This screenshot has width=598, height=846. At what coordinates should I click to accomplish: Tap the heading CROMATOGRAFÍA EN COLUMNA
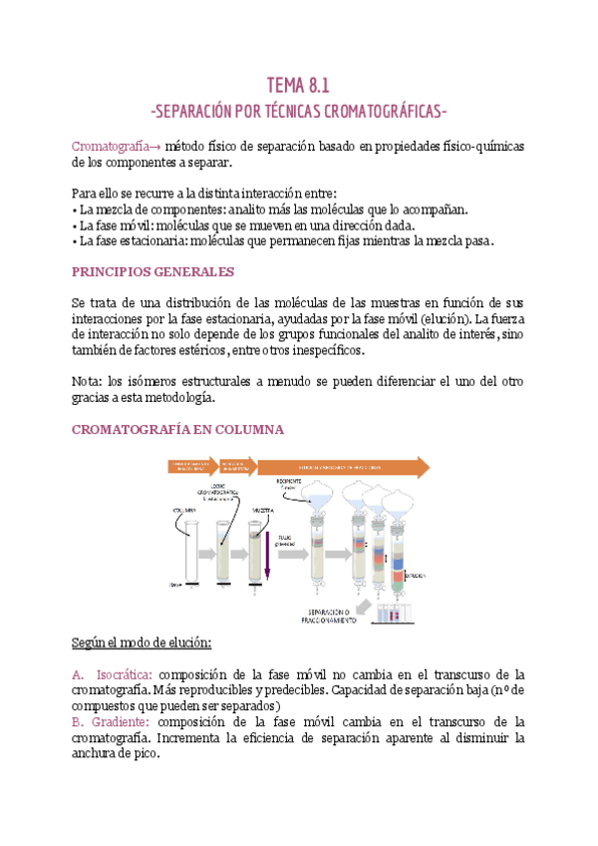coord(178,429)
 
